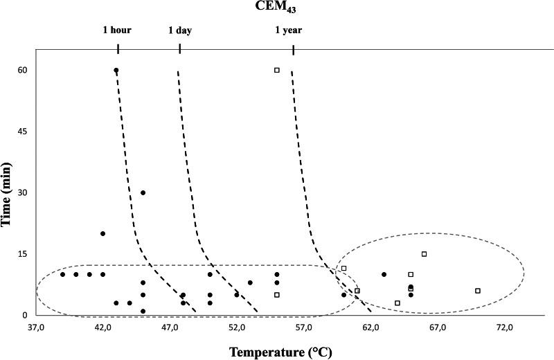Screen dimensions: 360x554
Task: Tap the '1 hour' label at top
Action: click(x=117, y=30)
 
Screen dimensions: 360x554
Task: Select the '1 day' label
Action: click(x=180, y=30)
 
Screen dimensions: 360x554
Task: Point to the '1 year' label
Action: click(x=289, y=30)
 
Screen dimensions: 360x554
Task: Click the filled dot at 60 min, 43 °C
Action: click(x=116, y=71)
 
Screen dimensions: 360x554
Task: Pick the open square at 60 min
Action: click(x=277, y=70)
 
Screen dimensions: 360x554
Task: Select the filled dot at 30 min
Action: click(x=143, y=192)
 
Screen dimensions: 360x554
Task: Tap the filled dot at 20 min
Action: click(x=102, y=233)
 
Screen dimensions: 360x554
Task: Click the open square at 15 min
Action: click(x=424, y=254)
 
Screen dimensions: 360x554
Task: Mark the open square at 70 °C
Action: click(x=478, y=291)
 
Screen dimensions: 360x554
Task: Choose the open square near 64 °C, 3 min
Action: click(x=397, y=303)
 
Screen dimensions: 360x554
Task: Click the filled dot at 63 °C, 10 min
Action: click(x=384, y=274)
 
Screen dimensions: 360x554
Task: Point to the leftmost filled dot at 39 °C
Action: click(x=62, y=274)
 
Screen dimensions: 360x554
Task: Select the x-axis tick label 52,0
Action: click(x=237, y=326)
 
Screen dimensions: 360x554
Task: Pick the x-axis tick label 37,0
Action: click(x=36, y=326)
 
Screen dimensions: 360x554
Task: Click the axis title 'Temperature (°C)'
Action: click(x=280, y=352)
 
